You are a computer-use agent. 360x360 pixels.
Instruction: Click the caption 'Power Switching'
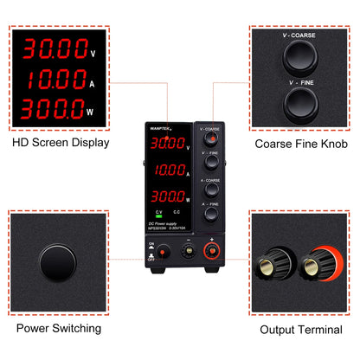(x=59, y=329)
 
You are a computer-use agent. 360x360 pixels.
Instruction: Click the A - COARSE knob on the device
(x=209, y=192)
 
